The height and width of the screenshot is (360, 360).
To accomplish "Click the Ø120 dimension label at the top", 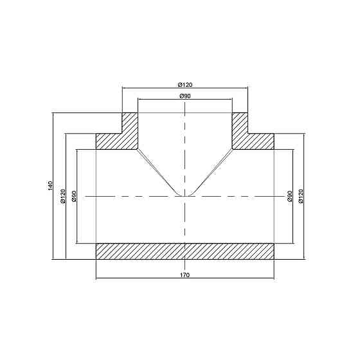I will [185, 84].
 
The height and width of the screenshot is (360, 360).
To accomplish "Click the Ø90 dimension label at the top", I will [185, 96].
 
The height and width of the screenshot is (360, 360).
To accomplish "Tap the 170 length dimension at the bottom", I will [185, 275].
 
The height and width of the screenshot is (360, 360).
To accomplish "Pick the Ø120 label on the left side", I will [62, 196].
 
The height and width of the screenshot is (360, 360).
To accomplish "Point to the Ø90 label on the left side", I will [74, 196].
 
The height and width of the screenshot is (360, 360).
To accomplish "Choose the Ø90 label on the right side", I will [289, 196].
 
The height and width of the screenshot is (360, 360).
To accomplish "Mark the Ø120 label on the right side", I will [301, 196].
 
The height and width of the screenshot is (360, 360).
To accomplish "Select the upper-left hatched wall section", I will [122, 135].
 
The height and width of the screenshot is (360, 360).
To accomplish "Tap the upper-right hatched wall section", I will [248, 135].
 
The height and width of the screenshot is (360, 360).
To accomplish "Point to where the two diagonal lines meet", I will [185, 195].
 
